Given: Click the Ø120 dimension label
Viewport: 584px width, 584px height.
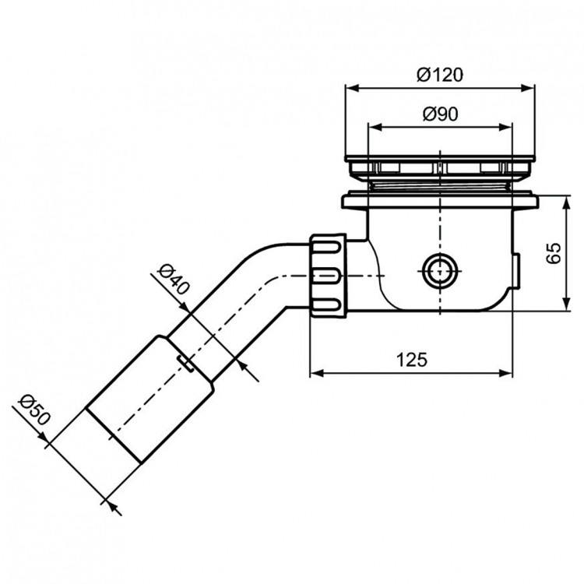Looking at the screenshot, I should click(x=440, y=75).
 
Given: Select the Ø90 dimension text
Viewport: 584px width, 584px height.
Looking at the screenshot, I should click(x=440, y=114).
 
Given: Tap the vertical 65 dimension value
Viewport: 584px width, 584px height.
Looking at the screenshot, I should click(x=554, y=253).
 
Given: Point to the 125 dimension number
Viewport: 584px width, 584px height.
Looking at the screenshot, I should click(x=411, y=359).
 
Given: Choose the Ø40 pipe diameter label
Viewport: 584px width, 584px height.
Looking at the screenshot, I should click(x=173, y=279).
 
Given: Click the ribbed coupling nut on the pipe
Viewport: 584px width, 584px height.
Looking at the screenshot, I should click(x=327, y=272).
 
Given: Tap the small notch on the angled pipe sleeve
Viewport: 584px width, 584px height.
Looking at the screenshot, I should click(x=187, y=362).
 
